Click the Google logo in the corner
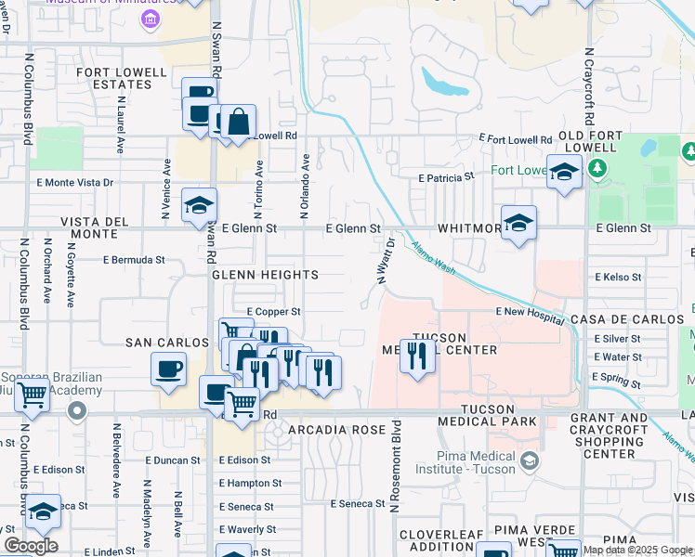31,546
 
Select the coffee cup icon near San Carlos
169,368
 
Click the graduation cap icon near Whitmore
518,223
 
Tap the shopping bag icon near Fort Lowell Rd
239,122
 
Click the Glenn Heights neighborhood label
265,276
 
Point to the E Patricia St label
446,175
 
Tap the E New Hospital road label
530,315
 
